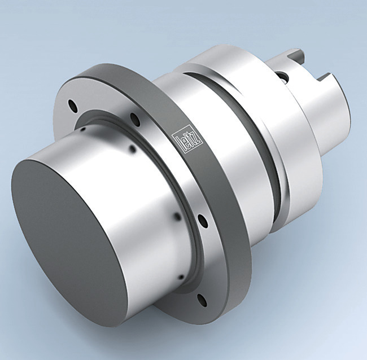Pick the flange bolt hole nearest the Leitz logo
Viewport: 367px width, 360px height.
(x=134, y=118)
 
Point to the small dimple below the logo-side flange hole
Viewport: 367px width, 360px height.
(x=133, y=150)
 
